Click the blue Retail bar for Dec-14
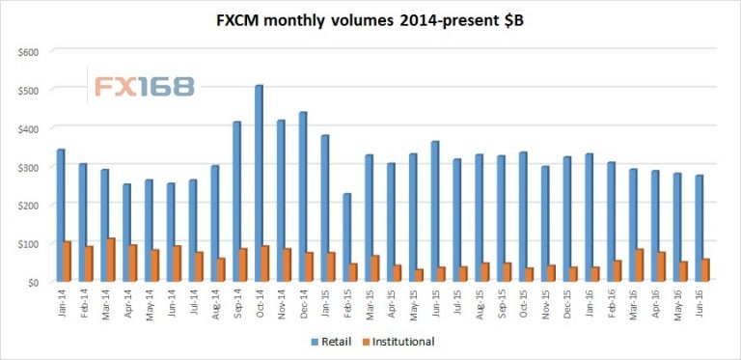303,198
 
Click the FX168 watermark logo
143,86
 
